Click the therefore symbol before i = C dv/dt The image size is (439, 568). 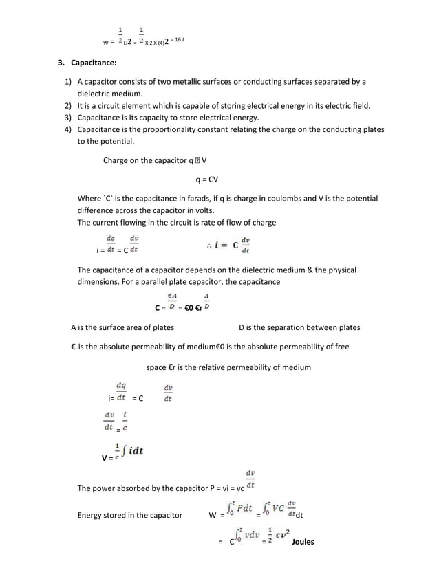208,245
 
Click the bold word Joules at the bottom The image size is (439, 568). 303,542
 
